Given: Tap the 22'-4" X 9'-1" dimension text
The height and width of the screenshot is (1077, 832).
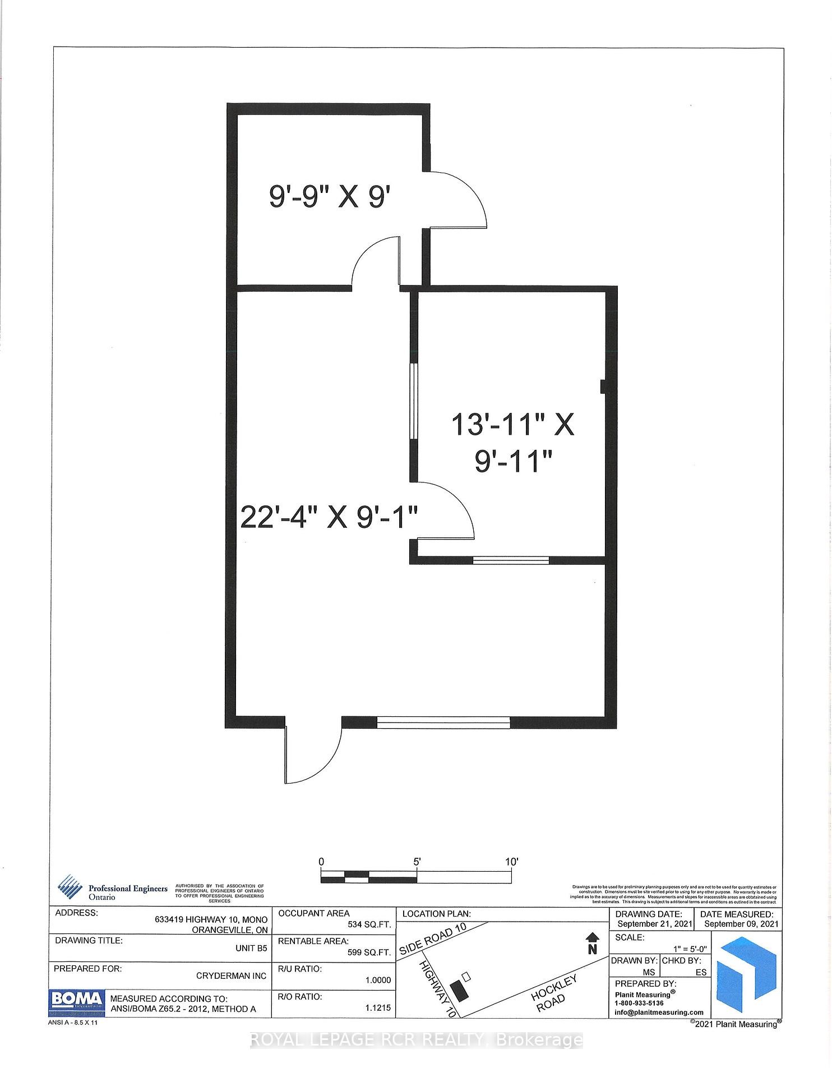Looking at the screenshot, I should click(x=330, y=517).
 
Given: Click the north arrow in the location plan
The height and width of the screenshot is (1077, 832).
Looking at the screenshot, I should click(x=592, y=943).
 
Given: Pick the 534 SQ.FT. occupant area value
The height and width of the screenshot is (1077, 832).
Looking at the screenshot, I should click(x=369, y=924).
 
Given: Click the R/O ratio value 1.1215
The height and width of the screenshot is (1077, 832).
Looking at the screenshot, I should click(x=378, y=1008).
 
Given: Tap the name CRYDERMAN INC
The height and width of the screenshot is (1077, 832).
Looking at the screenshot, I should click(x=231, y=976).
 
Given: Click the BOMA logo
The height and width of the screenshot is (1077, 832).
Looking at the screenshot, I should click(x=77, y=1000).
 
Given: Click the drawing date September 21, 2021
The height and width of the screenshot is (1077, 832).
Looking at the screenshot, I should click(x=654, y=924).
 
